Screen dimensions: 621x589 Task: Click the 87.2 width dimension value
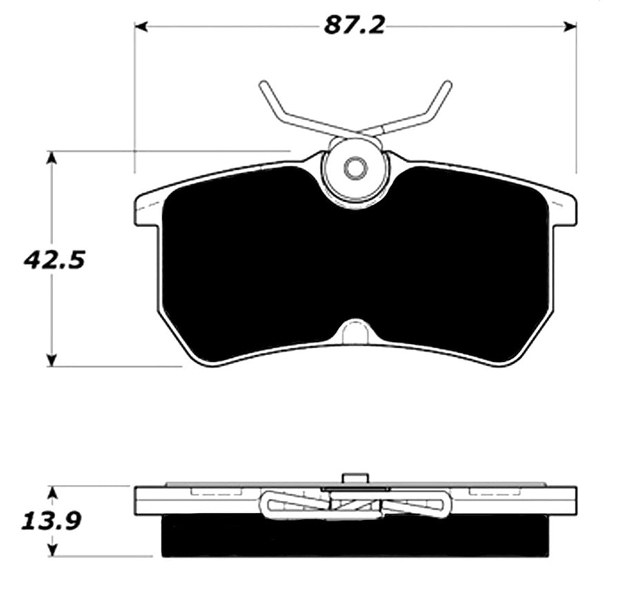[x=354, y=26]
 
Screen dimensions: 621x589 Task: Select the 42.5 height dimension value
[x=55, y=261]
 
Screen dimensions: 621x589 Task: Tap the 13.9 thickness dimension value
[x=51, y=521]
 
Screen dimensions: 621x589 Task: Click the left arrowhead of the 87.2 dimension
[x=141, y=26]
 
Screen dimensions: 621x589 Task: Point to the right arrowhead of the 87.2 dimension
[x=569, y=26]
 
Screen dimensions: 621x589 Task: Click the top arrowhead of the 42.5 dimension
[x=52, y=157]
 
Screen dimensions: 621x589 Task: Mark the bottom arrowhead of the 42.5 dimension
[x=52, y=360]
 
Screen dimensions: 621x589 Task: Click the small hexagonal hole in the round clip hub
[x=353, y=168]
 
